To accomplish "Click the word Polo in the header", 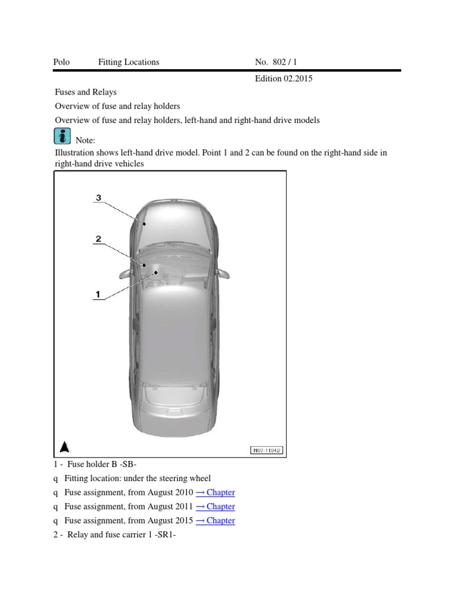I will coord(61,62).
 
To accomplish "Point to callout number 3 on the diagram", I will coord(99,197).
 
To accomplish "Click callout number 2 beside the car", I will coord(99,239).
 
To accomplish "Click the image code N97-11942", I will coord(266,450).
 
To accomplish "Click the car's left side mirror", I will coord(124,273).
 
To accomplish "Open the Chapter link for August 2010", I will coord(215,492).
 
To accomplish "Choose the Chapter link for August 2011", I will coord(215,507).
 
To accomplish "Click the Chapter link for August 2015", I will coord(215,521).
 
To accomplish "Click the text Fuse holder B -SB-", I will coord(102,464).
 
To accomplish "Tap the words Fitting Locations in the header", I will coord(128,62).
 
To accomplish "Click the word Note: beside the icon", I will coord(85,140).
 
